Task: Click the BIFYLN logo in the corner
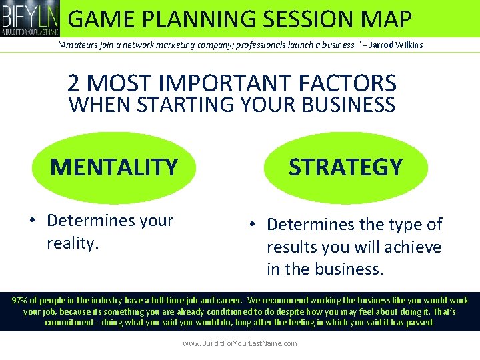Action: tap(30, 19)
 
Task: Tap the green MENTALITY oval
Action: tap(114, 167)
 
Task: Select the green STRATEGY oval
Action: tap(345, 167)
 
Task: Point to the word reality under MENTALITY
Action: tap(72, 243)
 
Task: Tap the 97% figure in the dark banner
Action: tap(21, 301)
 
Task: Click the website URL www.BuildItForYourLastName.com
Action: tap(240, 343)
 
